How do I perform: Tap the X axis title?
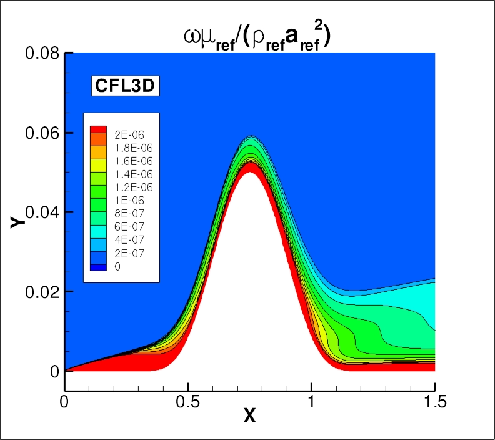tap(249, 416)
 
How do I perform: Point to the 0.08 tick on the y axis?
tap(42, 54)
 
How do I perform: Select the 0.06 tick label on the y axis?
tap(42, 133)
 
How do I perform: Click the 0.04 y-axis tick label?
tap(42, 212)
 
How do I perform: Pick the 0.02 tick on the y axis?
tap(42, 292)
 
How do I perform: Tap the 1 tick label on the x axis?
tap(311, 401)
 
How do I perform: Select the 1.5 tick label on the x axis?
tap(434, 401)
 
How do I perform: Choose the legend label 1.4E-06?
tap(130, 174)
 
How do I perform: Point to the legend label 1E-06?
tap(126, 201)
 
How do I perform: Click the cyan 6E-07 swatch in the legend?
tap(99, 227)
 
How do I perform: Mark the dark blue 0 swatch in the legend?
tap(99, 267)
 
